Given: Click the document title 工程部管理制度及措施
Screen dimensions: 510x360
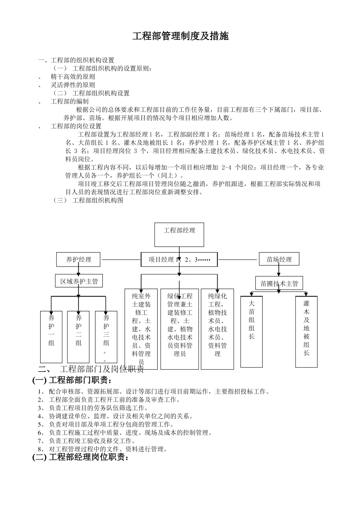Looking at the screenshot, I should [x=180, y=36].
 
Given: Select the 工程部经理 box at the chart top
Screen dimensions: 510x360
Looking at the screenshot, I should [x=179, y=234].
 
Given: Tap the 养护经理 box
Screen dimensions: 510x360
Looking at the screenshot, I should [x=78, y=259].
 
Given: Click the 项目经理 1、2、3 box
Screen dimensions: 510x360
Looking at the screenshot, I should [x=179, y=260].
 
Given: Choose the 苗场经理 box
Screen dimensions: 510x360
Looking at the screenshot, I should [x=279, y=259].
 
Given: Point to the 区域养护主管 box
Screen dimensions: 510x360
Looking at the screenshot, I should [x=79, y=281].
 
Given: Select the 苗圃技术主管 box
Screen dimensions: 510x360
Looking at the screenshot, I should [x=279, y=283].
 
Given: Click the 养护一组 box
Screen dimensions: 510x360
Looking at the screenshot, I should [x=51, y=337].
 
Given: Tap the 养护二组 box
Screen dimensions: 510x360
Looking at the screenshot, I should [x=78, y=337].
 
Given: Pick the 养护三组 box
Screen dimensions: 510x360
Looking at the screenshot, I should [x=106, y=337].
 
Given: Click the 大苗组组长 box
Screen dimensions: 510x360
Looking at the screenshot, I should [x=252, y=332].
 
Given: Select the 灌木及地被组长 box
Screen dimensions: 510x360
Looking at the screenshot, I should [x=306, y=332].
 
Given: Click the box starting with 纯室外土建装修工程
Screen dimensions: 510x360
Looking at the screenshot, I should [x=141, y=328].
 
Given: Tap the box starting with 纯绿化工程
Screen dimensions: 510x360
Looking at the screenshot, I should [x=218, y=328].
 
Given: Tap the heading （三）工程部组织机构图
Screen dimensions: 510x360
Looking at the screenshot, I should [x=89, y=201].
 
